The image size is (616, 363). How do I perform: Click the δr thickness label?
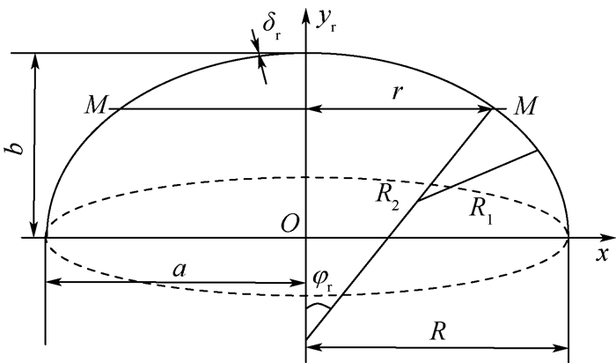pos(271,26)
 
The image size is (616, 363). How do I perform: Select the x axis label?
pos(602,254)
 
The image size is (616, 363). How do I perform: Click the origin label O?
pos(290,225)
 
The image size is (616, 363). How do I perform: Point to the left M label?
pos(95,106)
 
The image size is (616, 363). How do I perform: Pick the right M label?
pos(525,107)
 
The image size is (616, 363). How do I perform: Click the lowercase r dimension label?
pos(398,93)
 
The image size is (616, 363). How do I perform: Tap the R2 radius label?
pos(387,196)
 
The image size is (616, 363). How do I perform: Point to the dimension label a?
pos(180,270)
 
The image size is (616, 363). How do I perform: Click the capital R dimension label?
pos(438,331)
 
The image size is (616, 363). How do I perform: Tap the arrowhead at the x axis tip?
pos(609,238)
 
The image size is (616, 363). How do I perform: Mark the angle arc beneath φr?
pos(319,306)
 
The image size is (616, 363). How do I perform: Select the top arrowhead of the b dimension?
pos(35,62)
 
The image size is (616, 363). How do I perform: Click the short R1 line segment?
pos(477,176)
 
